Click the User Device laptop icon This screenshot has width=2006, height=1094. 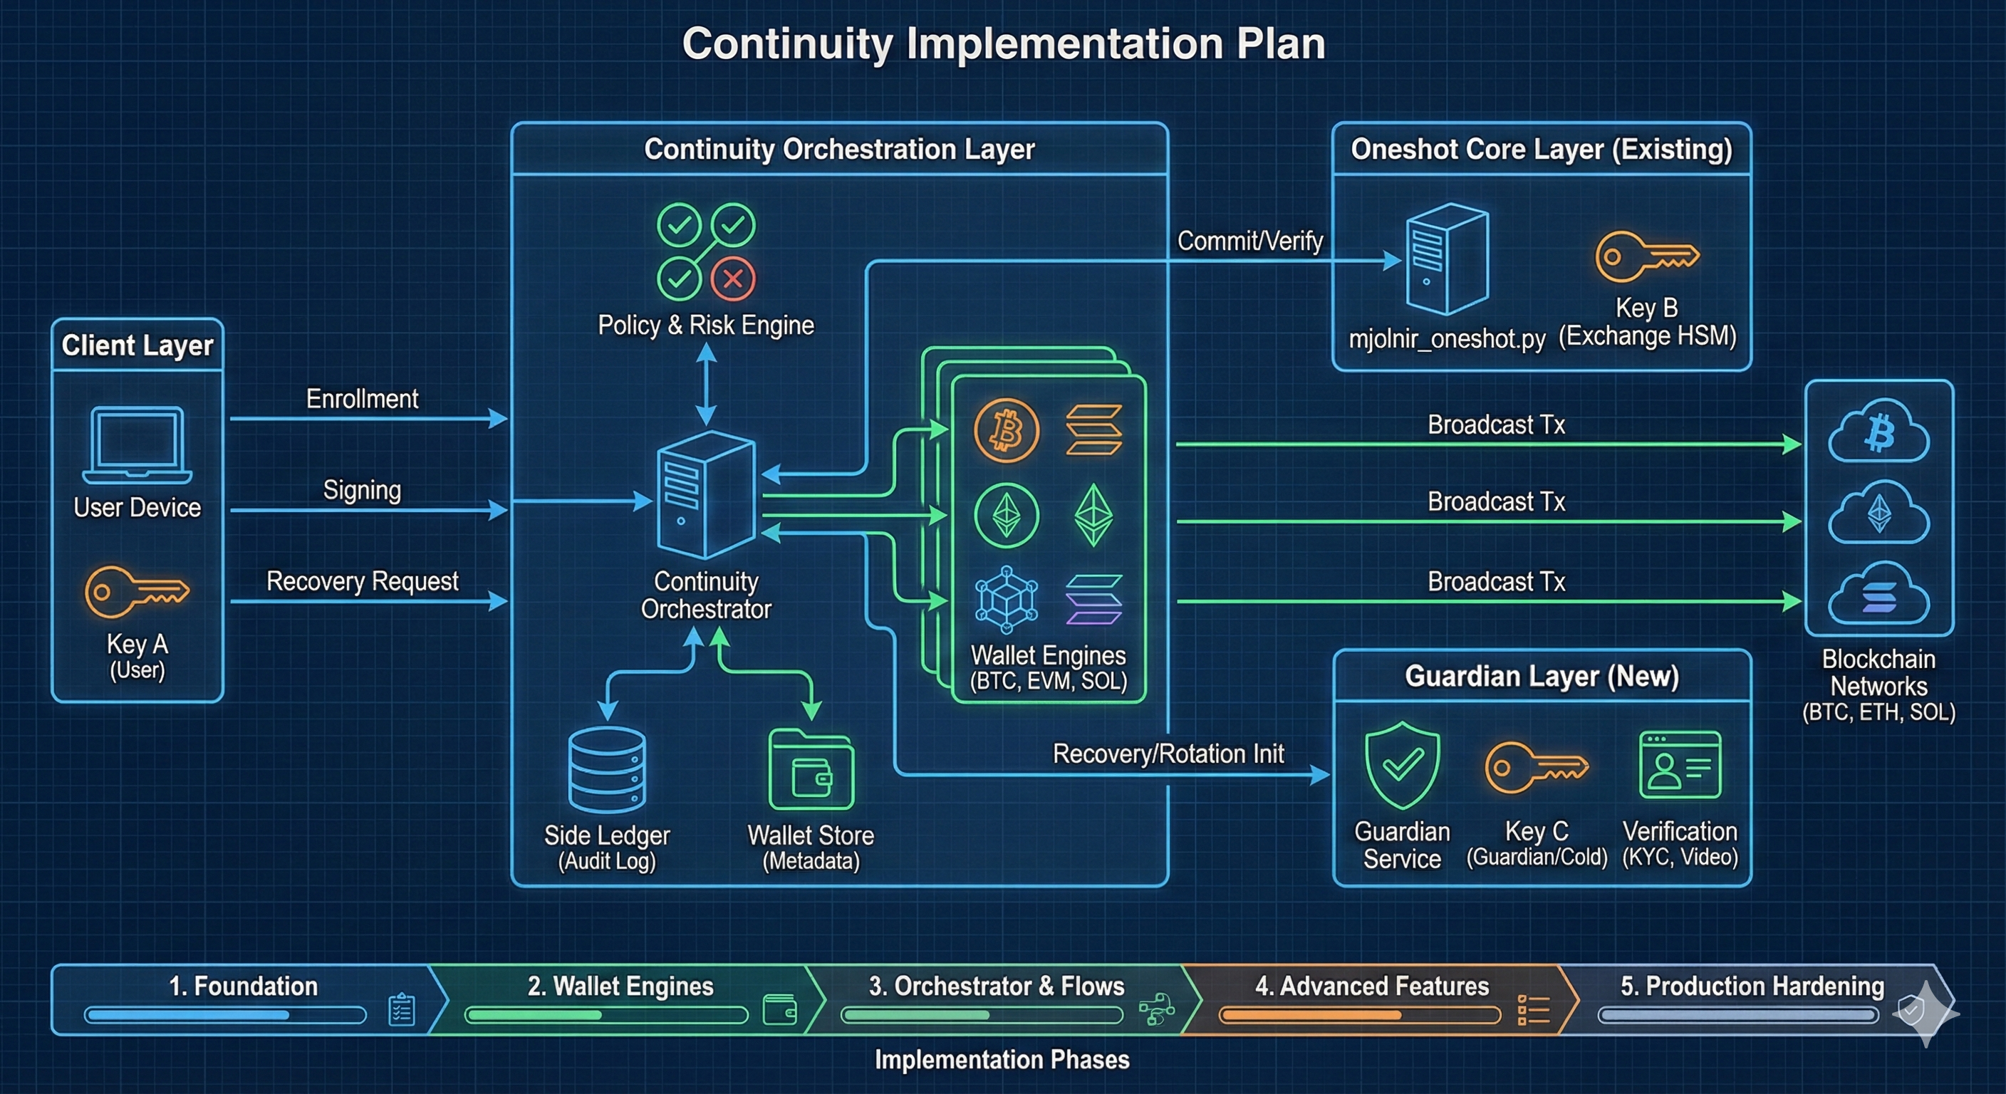coord(137,444)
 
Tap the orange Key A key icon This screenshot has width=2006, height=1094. coord(137,592)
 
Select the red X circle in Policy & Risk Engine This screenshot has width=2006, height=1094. coord(733,278)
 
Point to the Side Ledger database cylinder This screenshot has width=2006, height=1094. coord(607,770)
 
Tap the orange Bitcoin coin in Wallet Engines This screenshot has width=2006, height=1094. coord(1006,431)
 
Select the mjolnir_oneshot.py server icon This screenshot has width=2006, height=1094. coord(1447,259)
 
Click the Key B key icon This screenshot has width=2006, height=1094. coord(1646,256)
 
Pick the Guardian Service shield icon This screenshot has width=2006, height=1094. coord(1403,766)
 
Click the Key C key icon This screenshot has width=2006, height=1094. coord(1537,768)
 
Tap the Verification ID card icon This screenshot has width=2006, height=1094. coord(1680,765)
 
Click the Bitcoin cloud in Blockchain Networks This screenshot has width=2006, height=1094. coord(1878,432)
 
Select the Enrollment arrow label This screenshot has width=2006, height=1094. coord(362,399)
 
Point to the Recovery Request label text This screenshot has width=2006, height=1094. coord(362,581)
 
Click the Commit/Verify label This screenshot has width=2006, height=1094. coord(1250,241)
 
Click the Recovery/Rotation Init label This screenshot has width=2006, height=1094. coord(1168,754)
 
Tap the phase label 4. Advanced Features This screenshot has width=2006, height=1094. coord(1371,986)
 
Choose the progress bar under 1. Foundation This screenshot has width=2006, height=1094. coord(225,1014)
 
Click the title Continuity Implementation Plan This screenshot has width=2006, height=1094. coord(1003,43)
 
